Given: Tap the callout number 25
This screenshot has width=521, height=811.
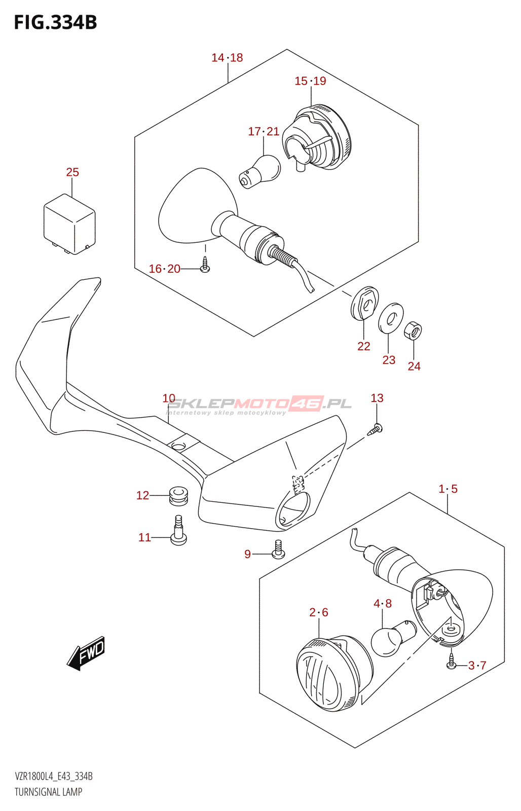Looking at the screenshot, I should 72,172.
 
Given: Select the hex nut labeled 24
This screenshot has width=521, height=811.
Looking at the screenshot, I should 413,331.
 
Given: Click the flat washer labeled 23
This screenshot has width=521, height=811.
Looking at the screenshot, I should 391,318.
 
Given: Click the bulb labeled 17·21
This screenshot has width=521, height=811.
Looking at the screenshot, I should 261,171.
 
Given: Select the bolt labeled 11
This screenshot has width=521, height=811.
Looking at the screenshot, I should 178,531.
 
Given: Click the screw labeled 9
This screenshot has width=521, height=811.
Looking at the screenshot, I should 278,549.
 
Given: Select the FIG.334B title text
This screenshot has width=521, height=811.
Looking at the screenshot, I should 55,22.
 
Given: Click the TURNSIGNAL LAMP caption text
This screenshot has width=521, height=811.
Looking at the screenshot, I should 48,792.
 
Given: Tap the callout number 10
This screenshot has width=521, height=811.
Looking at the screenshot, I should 169,398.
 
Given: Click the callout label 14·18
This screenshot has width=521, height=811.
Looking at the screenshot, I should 227,58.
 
